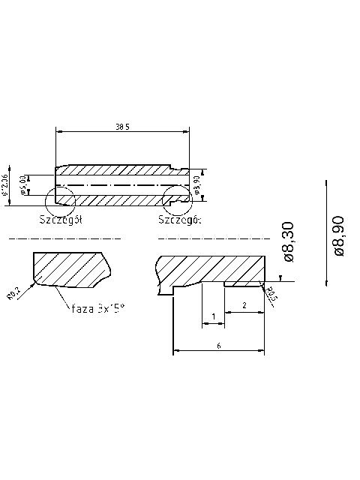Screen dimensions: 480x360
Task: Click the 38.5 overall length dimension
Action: click(123, 127)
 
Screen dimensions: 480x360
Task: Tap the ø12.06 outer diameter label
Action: click(6, 184)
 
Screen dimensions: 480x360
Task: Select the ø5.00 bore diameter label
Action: click(23, 183)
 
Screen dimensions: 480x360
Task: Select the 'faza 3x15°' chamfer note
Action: click(97, 307)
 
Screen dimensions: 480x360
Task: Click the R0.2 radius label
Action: click(13, 295)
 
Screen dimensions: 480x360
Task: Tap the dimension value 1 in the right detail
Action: click(214, 316)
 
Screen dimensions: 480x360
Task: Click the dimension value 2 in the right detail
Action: click(244, 305)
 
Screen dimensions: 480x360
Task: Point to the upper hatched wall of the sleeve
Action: click(120, 170)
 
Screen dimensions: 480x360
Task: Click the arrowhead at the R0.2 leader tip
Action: click(33, 284)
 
